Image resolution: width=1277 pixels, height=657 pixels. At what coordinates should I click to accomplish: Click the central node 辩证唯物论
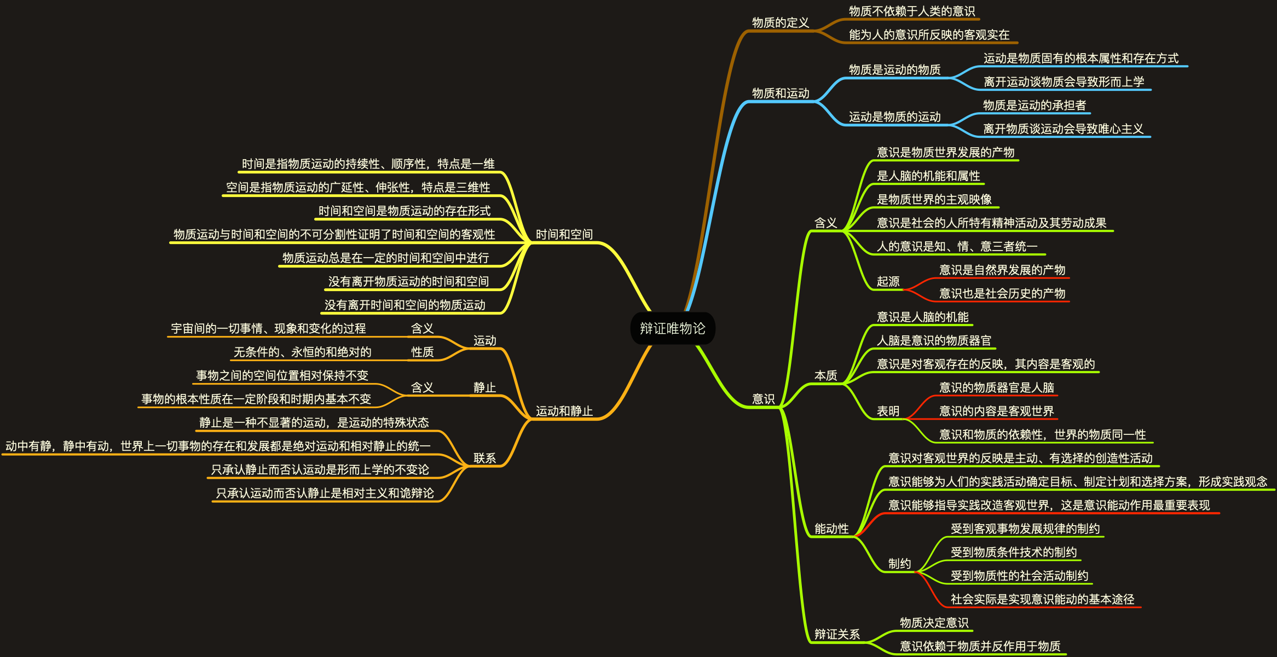point(672,328)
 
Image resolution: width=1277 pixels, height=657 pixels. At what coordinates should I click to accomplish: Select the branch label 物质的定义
point(780,23)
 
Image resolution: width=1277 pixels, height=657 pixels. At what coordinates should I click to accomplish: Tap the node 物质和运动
point(780,94)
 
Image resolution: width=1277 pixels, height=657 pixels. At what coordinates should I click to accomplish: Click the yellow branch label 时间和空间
point(564,235)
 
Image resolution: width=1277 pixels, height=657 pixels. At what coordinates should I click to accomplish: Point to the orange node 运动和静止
point(564,411)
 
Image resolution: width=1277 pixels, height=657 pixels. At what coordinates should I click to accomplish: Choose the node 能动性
point(831,529)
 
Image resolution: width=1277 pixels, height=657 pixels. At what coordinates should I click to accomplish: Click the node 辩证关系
point(836,635)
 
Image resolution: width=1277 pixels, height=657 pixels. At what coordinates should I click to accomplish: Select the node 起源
point(888,282)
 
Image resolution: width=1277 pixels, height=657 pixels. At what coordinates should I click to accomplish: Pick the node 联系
point(484,458)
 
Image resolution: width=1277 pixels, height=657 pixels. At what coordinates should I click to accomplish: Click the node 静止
point(484,388)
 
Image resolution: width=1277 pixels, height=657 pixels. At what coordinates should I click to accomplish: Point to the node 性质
point(422,352)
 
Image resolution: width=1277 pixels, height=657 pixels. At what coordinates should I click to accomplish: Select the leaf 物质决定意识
point(934,623)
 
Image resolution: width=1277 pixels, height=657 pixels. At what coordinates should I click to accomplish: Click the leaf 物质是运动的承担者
point(1034,106)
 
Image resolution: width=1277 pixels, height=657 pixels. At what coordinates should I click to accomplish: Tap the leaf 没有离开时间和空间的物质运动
point(405,305)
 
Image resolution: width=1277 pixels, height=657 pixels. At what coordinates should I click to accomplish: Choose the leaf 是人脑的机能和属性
point(928,176)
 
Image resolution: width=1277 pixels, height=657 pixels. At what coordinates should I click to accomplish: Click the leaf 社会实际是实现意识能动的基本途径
point(1042,600)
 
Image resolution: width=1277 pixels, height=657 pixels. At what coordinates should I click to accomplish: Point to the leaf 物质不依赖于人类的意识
point(911,11)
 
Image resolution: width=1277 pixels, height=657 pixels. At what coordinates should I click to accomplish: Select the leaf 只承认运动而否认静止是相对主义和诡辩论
point(325,493)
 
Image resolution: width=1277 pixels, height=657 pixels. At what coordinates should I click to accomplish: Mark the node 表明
point(888,411)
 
